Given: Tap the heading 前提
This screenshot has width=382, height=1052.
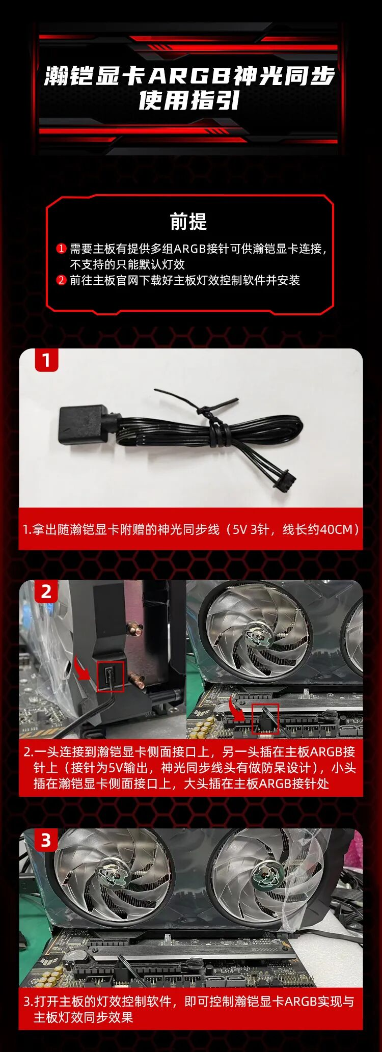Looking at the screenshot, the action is click(x=188, y=222).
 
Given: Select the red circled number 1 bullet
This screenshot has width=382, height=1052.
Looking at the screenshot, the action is click(x=61, y=249).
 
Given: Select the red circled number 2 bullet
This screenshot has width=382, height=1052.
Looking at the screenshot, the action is click(x=61, y=280).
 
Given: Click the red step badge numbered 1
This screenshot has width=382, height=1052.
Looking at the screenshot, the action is click(x=46, y=360).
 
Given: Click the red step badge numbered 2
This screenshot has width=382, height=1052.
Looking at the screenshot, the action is click(x=46, y=591).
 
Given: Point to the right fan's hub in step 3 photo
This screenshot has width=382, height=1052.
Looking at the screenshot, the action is click(x=266, y=874).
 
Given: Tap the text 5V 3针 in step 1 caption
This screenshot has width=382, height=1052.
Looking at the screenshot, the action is click(x=251, y=529).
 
